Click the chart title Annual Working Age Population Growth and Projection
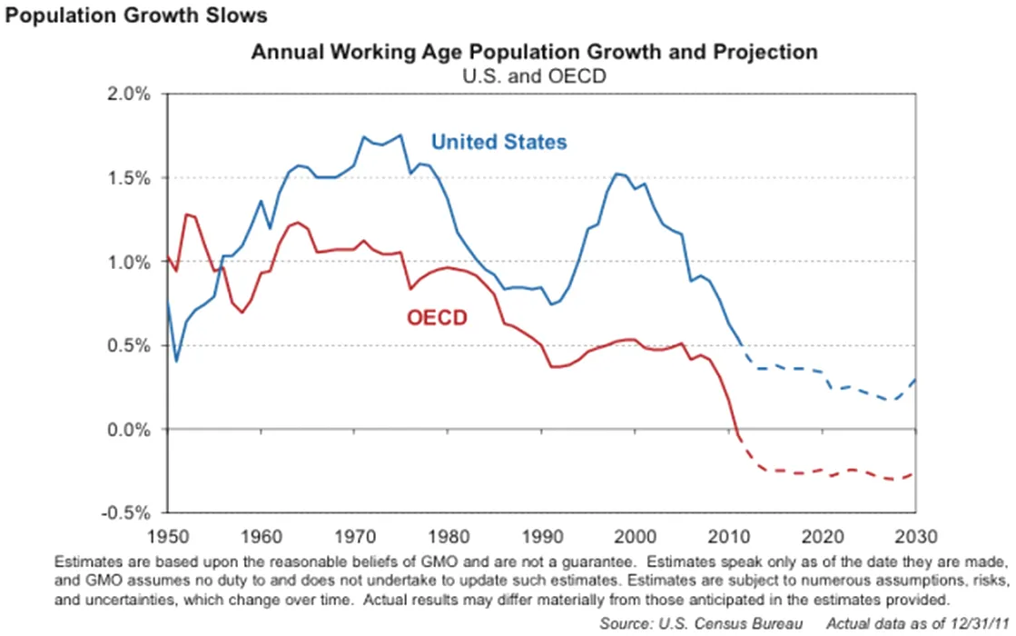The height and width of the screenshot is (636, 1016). [x=534, y=53]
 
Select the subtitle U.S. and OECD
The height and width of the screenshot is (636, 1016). [x=534, y=76]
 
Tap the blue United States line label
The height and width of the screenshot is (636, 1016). [x=498, y=142]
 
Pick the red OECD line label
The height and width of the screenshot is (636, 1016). [x=436, y=318]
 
